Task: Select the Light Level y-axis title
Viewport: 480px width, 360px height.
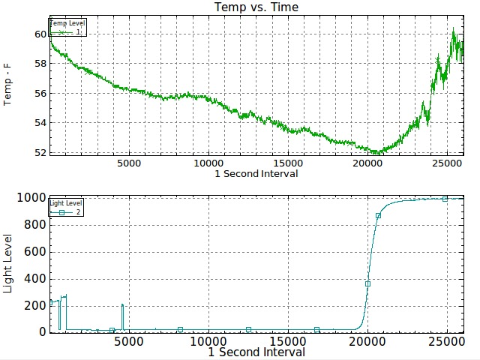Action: [x=9, y=264]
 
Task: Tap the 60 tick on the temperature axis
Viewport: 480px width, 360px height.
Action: [x=40, y=34]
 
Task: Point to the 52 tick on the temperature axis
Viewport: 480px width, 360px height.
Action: [x=40, y=152]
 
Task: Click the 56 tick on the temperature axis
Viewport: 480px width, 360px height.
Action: [x=40, y=94]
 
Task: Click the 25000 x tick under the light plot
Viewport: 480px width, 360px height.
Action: [x=448, y=340]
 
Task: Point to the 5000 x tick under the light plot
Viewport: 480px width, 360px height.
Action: [x=129, y=340]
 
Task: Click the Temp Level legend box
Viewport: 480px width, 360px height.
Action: [x=68, y=28]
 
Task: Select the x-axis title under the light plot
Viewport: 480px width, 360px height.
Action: [x=256, y=352]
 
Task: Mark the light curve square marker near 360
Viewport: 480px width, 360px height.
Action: [x=367, y=283]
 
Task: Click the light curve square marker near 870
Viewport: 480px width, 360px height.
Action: [x=378, y=215]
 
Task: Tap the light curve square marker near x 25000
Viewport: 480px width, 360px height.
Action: [x=445, y=199]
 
